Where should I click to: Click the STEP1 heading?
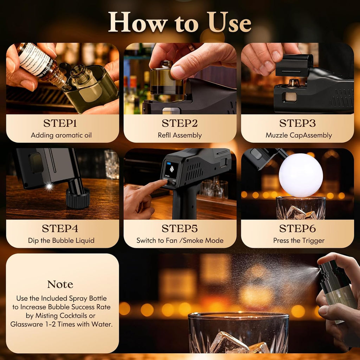click(60, 123)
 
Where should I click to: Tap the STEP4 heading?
click(60, 229)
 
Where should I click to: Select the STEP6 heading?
click(297, 229)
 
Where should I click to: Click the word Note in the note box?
click(60, 284)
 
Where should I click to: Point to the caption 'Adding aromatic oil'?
click(61, 135)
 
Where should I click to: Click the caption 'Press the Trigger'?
click(299, 240)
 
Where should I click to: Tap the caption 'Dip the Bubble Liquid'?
click(61, 240)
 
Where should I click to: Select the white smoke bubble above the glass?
click(301, 175)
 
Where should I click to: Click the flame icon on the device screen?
click(172, 169)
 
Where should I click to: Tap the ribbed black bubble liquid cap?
click(78, 198)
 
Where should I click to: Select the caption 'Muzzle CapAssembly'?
click(299, 135)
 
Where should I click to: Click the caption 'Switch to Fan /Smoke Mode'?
click(180, 240)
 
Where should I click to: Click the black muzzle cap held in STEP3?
click(294, 65)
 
